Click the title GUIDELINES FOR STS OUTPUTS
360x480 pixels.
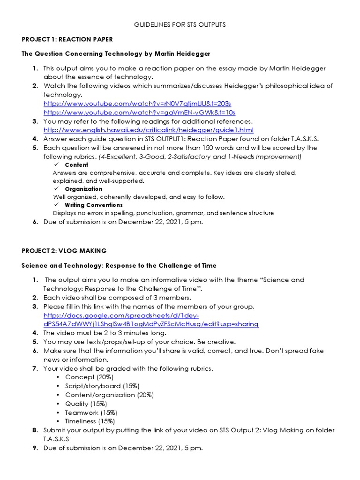click(x=180, y=24)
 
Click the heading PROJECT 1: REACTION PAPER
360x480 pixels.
click(x=67, y=39)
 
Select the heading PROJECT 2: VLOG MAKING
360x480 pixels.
click(x=64, y=251)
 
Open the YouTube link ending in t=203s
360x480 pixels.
click(x=137, y=103)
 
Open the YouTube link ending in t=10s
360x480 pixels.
click(x=139, y=112)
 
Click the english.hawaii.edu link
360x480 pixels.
click(x=148, y=130)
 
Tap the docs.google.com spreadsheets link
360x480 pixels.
click(x=150, y=320)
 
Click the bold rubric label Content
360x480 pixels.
click(x=76, y=165)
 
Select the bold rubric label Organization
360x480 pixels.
click(x=83, y=189)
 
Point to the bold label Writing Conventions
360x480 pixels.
click(x=94, y=205)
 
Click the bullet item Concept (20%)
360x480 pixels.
click(x=89, y=377)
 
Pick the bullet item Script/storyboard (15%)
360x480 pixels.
click(x=102, y=386)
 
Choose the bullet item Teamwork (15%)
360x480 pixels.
click(x=91, y=412)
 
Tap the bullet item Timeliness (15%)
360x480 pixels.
click(x=90, y=421)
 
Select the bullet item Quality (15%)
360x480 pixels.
click(x=86, y=404)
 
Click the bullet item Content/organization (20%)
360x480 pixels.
click(x=109, y=395)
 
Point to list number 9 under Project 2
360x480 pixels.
click(x=35, y=448)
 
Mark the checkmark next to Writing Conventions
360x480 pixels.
click(x=56, y=205)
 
